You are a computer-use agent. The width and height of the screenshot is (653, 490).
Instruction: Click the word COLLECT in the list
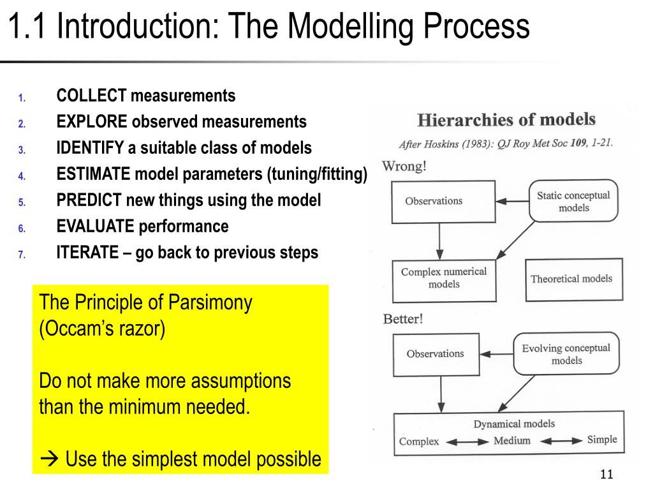coord(91,96)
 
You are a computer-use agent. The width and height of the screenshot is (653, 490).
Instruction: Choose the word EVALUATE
coord(96,226)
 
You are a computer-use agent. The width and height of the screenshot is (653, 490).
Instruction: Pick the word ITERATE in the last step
coord(87,253)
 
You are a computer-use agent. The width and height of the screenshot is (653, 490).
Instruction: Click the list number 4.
coord(21,176)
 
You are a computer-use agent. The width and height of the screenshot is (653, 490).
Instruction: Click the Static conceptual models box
coord(573,202)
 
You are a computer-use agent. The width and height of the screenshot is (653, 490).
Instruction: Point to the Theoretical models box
coord(571,279)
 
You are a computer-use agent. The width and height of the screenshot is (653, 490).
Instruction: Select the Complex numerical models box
coord(443,278)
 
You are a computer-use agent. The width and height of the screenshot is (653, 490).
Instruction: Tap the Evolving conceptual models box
coord(566,354)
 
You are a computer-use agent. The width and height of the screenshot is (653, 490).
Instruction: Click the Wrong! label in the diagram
coord(404,167)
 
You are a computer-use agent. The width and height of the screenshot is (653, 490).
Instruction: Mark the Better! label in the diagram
coord(402,319)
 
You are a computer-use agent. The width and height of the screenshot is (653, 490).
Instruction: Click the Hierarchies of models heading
coord(506,119)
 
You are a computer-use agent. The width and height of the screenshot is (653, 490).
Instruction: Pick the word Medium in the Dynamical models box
coord(511,440)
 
